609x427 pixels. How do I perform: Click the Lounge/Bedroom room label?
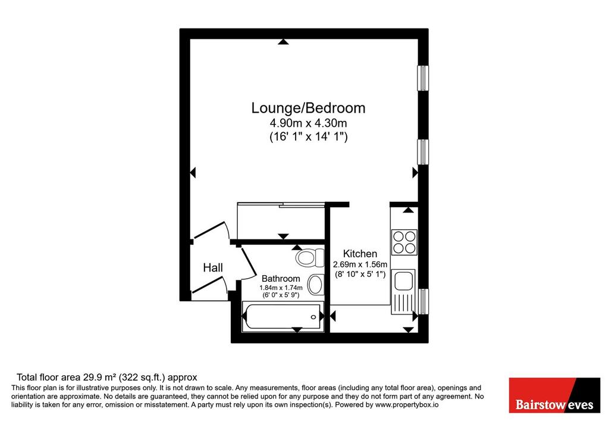coord(309,108)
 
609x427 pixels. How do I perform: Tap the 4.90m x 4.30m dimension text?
coord(309,123)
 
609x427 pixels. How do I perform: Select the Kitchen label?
coord(360,254)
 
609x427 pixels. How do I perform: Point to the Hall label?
coord(213,267)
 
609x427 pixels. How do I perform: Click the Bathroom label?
coord(281,279)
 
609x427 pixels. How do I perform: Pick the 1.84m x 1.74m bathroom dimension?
coord(281,288)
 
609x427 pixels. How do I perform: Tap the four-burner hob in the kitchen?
coord(404,242)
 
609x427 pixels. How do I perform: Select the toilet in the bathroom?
coord(309,257)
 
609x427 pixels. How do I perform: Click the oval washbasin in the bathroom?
coord(315,284)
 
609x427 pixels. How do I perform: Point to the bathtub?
coord(282,317)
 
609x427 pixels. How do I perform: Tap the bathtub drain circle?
coord(313,317)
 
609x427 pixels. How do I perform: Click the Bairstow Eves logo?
coord(555,395)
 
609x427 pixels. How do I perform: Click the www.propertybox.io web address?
coord(407,405)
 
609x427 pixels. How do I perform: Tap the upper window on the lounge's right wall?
coord(423,78)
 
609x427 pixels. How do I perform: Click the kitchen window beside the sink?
coord(423,301)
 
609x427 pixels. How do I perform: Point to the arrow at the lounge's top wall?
coord(284,42)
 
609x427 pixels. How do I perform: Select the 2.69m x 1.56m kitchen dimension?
coord(360,264)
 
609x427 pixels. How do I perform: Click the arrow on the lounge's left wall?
coord(193,172)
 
